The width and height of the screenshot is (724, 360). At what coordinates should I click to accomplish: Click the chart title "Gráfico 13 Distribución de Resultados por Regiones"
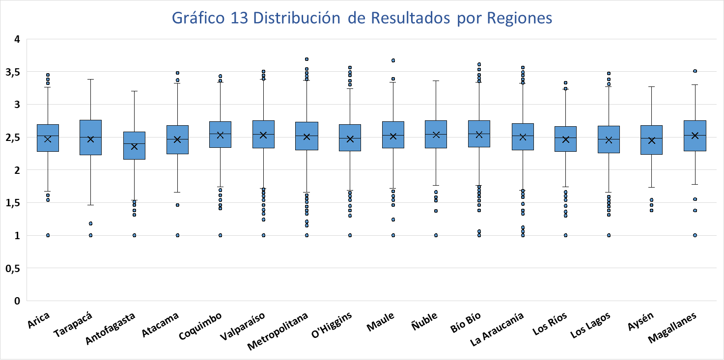(x=362, y=18)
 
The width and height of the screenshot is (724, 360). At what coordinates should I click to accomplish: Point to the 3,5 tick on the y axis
(x=13, y=72)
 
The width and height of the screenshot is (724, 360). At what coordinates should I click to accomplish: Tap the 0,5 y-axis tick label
(x=13, y=268)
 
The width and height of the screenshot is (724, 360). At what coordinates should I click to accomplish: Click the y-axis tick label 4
(x=17, y=39)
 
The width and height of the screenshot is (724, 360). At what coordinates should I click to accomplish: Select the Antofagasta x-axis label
(x=110, y=329)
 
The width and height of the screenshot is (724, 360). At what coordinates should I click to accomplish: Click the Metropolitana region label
(x=278, y=331)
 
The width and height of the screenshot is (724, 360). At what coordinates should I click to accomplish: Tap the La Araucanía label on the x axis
(x=497, y=329)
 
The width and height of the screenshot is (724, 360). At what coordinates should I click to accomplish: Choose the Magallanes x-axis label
(x=672, y=328)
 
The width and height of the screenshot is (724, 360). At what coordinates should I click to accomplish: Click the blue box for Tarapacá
(x=90, y=138)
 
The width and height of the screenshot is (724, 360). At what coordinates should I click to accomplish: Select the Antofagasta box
(x=134, y=145)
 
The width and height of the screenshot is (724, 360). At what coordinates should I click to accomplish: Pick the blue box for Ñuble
(x=436, y=134)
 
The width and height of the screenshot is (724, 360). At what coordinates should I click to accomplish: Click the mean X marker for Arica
(x=48, y=139)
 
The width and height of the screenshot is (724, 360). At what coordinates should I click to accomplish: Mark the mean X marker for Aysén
(x=652, y=140)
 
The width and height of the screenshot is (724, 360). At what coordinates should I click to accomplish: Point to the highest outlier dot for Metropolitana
(x=306, y=59)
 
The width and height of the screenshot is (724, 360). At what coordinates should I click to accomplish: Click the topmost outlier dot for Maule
(x=393, y=60)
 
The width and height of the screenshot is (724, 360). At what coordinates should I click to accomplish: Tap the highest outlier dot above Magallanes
(x=695, y=71)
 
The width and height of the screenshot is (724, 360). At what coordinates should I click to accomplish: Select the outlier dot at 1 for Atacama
(x=177, y=235)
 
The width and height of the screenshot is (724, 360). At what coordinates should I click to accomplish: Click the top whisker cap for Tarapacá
(x=90, y=79)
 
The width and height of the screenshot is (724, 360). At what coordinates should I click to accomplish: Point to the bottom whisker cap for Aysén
(x=652, y=188)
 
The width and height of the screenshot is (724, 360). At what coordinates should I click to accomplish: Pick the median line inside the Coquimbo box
(x=220, y=134)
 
